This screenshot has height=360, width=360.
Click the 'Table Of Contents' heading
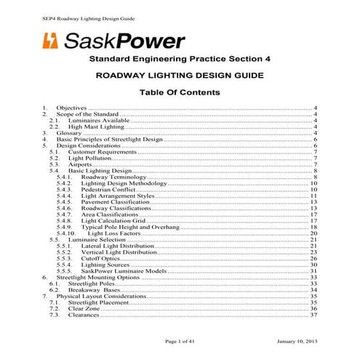click(x=180, y=93)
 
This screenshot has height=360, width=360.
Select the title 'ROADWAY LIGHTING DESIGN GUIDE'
click(x=180, y=75)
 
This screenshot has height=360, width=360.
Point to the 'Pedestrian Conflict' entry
click(x=109, y=189)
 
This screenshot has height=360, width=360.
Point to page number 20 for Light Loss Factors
click(x=313, y=233)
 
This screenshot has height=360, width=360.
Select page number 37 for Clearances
click(x=313, y=315)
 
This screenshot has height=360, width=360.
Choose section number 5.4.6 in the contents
click(x=64, y=208)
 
